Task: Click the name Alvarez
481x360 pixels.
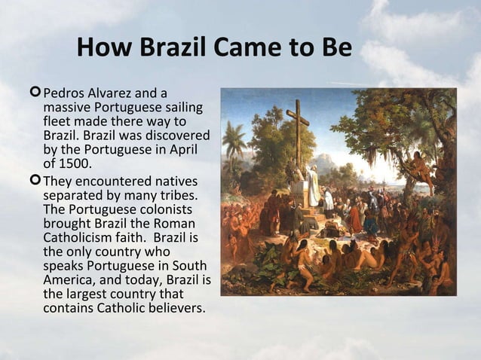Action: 113,93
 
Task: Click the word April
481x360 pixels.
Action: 190,148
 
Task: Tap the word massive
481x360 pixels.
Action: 65,107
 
